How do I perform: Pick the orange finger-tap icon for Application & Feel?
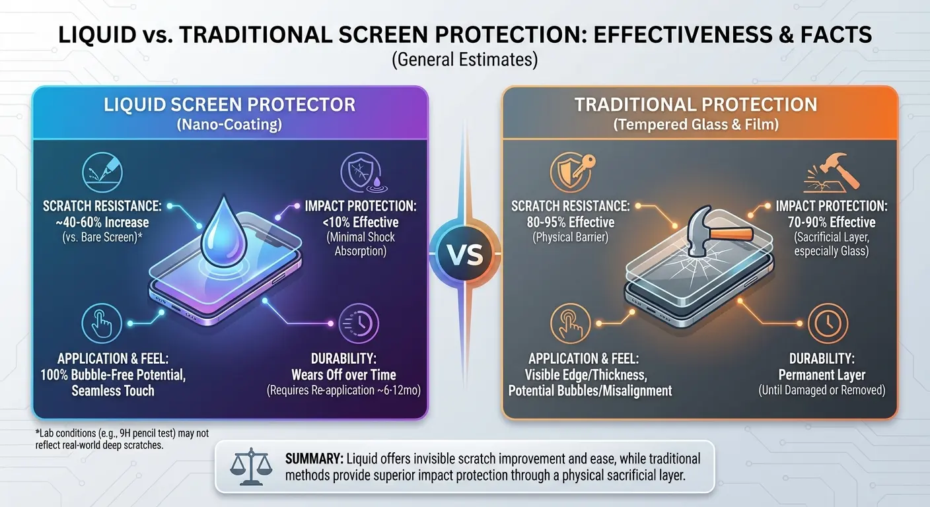(569, 323)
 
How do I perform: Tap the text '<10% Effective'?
(360, 222)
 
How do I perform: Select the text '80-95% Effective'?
(563, 222)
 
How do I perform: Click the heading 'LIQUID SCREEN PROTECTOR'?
(229, 104)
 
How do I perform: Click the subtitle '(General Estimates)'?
(464, 60)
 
